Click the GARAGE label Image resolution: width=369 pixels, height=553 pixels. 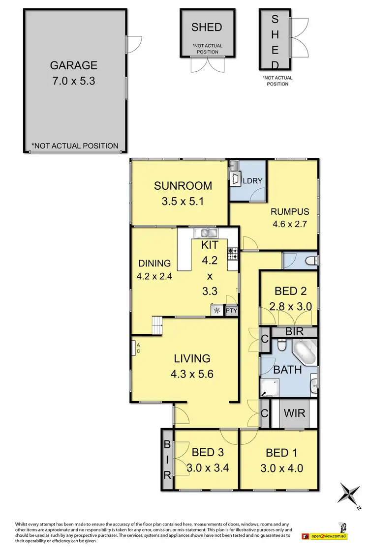(x=74, y=65)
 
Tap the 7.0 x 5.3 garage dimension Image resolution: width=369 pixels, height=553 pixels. (x=74, y=80)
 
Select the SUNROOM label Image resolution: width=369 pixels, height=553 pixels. (x=183, y=186)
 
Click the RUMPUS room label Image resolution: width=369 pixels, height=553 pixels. (x=290, y=212)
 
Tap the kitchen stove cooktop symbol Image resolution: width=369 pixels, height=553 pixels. (x=232, y=254)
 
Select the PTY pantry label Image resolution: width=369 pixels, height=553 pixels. (x=231, y=311)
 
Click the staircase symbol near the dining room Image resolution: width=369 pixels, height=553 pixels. (x=156, y=325)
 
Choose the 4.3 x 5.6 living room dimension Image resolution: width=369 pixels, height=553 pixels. (x=191, y=374)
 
